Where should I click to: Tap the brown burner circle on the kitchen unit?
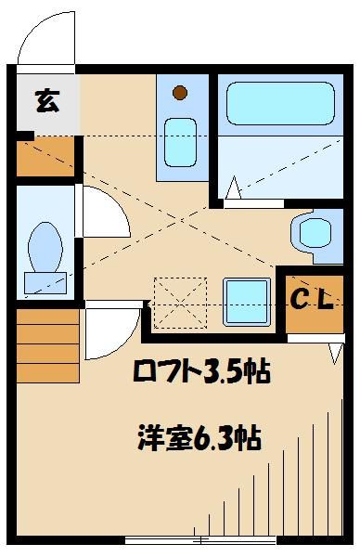[179, 92]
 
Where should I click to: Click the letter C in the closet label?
[301, 299]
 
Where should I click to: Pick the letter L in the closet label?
[329, 299]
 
